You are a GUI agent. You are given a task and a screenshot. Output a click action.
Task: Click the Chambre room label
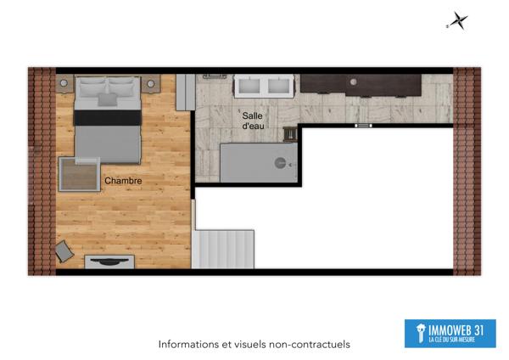click(122, 181)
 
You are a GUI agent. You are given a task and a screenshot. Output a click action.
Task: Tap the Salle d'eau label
click(253, 121)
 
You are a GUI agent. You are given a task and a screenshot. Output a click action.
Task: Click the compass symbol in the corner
click(459, 21)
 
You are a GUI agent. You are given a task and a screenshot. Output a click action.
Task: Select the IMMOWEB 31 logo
click(450, 333)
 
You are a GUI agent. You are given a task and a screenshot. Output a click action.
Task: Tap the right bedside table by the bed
click(151, 83)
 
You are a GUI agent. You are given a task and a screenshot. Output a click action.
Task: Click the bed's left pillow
click(92, 87)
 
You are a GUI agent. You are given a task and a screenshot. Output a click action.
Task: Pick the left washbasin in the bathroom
click(252, 84)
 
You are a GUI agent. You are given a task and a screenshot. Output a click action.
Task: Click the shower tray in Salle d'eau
click(258, 162)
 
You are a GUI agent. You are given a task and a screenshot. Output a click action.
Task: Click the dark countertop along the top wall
click(361, 83)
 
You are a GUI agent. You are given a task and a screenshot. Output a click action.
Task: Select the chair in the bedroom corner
click(64, 251)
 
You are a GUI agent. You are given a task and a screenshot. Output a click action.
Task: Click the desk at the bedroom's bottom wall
click(109, 261)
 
